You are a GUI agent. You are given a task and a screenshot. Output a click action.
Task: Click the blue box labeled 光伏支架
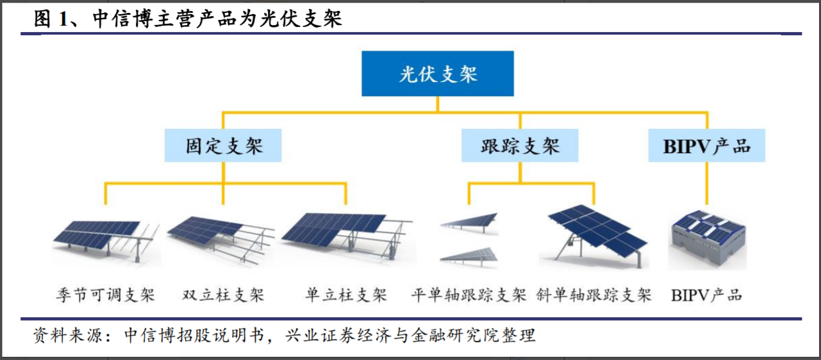coord(438,74)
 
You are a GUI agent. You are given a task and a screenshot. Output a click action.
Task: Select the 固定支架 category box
coord(223,146)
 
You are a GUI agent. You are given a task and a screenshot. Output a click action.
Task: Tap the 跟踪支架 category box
coord(520,146)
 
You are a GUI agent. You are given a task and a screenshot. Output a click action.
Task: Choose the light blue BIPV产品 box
coord(707,146)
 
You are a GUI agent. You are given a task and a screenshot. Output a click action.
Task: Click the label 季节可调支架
coord(104,295)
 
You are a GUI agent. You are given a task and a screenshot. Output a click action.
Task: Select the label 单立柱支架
coord(346,295)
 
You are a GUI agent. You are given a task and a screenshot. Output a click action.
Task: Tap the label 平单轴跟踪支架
coord(469,295)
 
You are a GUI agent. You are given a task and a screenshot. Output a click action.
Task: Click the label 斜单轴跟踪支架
coord(594,295)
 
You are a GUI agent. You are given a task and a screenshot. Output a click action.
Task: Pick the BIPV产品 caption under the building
coord(706,295)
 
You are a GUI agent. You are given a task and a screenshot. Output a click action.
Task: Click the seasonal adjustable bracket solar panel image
coord(106,241)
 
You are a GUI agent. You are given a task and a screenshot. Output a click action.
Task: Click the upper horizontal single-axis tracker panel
coord(469,220)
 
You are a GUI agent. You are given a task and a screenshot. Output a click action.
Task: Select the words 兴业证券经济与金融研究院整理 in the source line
coord(410,335)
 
